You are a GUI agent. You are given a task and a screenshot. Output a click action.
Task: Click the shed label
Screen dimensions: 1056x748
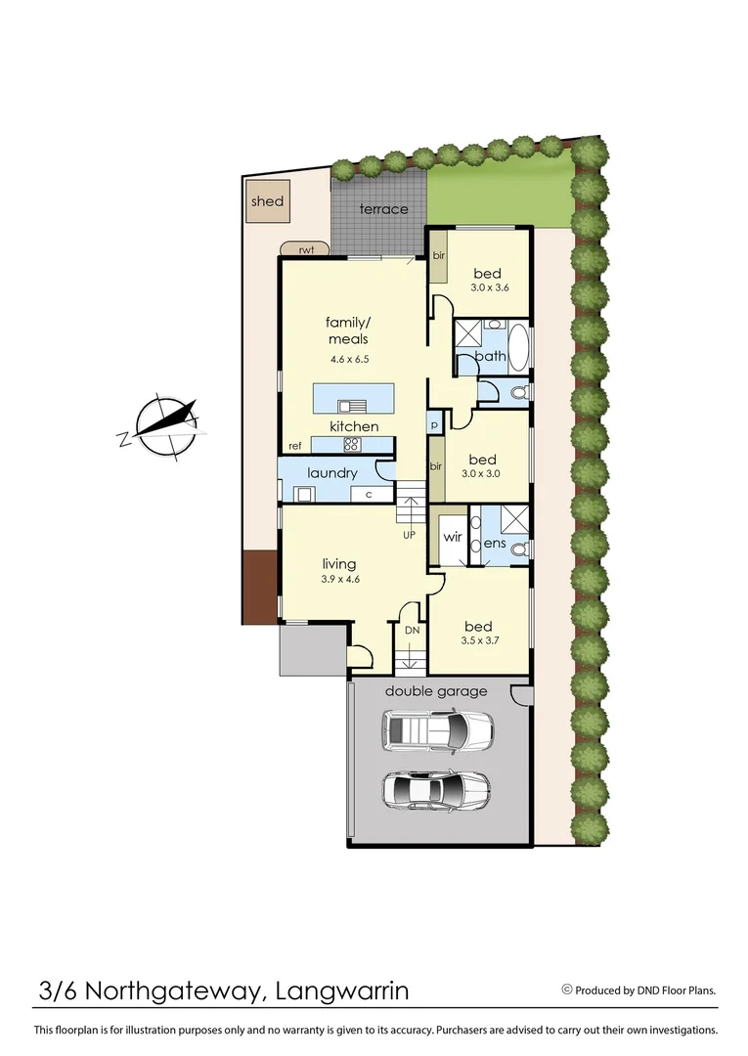tap(267, 201)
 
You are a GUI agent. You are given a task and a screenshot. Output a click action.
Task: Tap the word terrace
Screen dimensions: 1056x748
tap(383, 209)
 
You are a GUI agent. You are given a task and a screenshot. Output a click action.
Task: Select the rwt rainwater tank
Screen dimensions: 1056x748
tap(306, 250)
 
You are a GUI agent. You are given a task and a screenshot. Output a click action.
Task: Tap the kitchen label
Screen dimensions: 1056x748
tap(353, 426)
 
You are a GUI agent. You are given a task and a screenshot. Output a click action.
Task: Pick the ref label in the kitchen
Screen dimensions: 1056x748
tap(293, 446)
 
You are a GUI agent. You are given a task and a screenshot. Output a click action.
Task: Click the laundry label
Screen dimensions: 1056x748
tap(332, 473)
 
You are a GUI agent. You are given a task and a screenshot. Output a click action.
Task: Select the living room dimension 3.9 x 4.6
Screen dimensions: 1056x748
tap(339, 579)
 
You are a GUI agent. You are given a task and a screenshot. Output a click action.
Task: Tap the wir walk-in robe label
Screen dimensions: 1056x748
tap(452, 537)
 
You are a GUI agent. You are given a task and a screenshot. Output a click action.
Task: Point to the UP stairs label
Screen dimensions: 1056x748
tap(409, 536)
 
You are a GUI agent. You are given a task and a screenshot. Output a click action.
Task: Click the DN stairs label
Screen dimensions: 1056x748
tap(412, 631)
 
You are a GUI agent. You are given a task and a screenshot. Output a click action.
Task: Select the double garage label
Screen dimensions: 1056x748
tap(435, 691)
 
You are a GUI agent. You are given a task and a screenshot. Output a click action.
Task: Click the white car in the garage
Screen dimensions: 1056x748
tap(437, 729)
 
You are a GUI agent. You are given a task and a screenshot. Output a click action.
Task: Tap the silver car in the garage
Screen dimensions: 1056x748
tap(436, 788)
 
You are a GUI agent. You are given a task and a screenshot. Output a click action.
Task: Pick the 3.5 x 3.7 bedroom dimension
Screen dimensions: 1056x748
tap(479, 641)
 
